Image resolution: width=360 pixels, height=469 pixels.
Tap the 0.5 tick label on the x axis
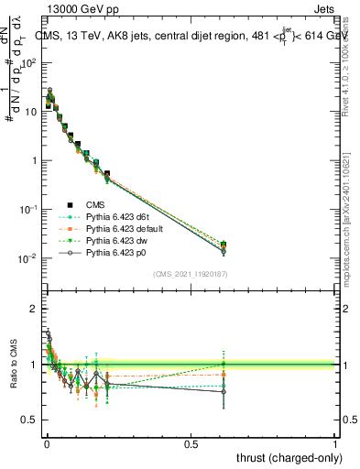coord(191,444)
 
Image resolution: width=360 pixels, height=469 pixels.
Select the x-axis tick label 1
coord(335,444)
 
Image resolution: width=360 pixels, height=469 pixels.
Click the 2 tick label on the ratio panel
coord(33,309)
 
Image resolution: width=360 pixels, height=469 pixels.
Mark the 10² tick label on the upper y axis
coord(27,62)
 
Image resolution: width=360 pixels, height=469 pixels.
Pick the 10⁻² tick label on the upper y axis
coord(27,258)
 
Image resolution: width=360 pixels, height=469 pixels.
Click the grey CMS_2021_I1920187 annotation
coord(191,274)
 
